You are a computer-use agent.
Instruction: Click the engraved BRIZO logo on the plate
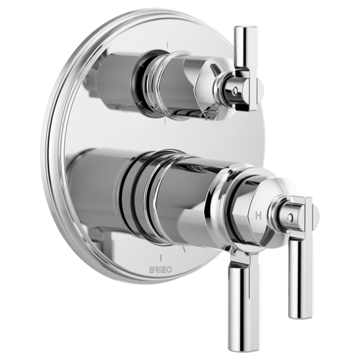pos(160,270)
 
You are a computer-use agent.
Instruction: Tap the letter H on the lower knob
pos(258,215)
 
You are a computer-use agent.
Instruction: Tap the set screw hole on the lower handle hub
pos(290,217)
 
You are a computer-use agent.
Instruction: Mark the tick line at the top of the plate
pos(168,44)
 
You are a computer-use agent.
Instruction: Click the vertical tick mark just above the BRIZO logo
pos(161,257)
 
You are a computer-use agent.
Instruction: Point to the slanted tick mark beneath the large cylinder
pos(184,250)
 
